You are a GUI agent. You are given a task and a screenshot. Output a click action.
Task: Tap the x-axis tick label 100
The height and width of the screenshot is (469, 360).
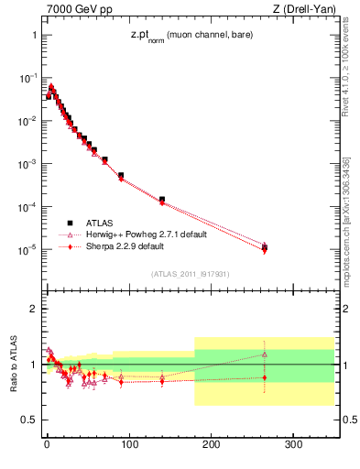tap(129, 446)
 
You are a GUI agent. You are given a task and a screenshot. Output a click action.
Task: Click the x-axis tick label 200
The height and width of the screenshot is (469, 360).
tap(212, 446)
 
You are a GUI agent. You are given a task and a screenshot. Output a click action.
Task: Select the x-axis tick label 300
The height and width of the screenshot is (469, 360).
tap(294, 446)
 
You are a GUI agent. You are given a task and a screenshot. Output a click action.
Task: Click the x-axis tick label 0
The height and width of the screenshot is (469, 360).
tap(47, 446)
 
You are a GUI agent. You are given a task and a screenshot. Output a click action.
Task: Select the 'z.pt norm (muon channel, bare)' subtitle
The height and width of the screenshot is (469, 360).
tap(190, 36)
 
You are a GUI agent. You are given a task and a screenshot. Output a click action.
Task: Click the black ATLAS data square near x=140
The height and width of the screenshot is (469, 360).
tap(161, 199)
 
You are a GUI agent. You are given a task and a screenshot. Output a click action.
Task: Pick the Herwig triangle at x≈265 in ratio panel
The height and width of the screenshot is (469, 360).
tap(265, 354)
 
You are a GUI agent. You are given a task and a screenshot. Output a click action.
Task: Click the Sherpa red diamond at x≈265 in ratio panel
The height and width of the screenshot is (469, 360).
tap(265, 377)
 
